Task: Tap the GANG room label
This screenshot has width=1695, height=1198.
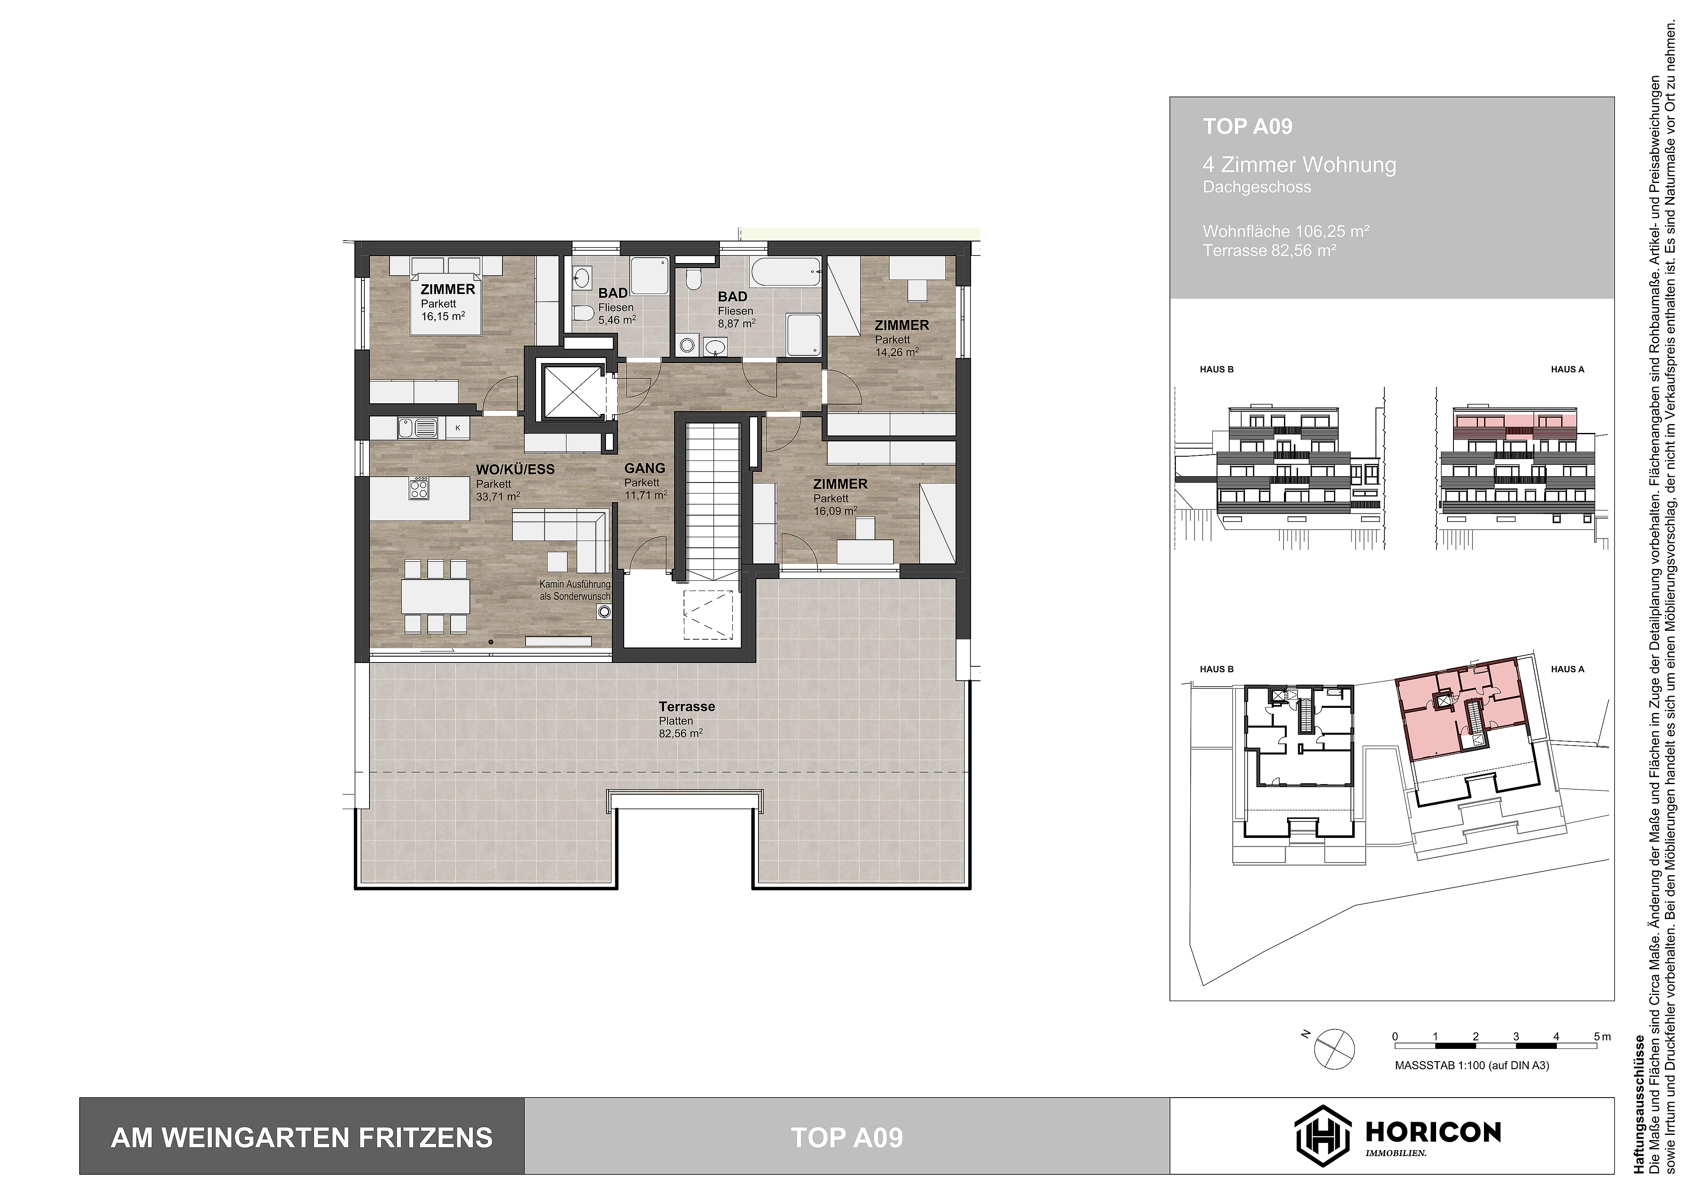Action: (x=645, y=468)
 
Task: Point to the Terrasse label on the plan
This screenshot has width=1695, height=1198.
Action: (x=686, y=707)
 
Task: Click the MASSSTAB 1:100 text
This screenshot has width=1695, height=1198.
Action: (x=1471, y=1065)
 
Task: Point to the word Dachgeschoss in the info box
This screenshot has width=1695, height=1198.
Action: (x=1256, y=188)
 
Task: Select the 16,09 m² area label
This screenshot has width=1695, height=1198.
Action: (x=835, y=511)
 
